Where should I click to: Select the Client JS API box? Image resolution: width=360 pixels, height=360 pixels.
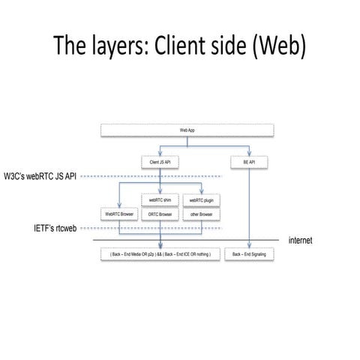click(160, 161)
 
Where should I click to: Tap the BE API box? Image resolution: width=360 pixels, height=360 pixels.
click(247, 161)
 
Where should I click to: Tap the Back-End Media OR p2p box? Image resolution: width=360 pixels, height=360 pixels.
click(160, 255)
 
